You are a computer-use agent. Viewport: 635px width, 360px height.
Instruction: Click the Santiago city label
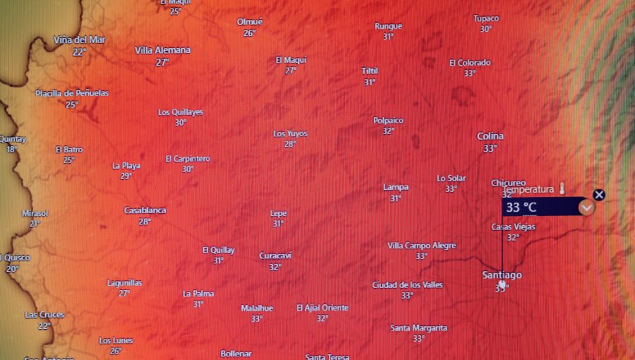click(502, 275)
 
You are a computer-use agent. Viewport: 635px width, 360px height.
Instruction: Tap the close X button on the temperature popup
click(599, 195)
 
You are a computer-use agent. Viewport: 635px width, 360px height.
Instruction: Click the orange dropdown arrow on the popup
click(586, 208)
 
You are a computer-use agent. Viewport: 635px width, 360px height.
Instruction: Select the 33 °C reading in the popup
click(521, 208)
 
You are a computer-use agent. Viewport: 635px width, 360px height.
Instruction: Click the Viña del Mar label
click(80, 40)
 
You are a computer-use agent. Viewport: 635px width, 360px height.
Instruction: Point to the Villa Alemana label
click(163, 50)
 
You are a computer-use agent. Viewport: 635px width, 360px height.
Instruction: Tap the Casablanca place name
click(145, 210)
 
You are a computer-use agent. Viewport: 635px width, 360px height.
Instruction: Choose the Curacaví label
click(275, 256)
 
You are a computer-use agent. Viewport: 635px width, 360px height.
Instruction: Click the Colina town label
click(490, 136)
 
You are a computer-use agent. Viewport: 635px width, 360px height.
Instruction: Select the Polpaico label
click(389, 120)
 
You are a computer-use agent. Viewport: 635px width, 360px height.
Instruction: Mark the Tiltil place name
click(370, 71)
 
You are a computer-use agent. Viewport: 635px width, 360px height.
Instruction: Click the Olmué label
click(250, 22)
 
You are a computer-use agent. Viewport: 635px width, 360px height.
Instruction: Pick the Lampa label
click(396, 187)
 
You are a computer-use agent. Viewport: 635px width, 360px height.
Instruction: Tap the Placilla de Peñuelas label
click(73, 93)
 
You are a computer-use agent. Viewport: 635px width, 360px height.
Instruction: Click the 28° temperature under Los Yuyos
click(290, 144)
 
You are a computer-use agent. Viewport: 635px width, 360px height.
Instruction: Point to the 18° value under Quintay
click(11, 149)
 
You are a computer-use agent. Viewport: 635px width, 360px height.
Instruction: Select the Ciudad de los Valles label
click(408, 284)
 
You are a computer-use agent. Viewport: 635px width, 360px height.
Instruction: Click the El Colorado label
click(470, 63)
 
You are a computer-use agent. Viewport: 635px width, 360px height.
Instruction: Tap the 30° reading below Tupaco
click(486, 29)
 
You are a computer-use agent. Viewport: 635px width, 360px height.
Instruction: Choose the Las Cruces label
click(44, 315)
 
